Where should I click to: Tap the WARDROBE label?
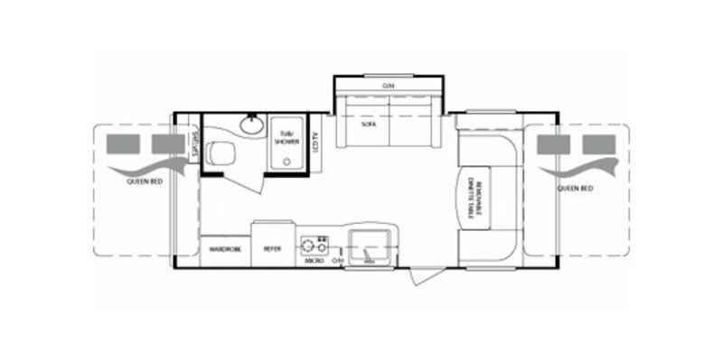coord(224,247)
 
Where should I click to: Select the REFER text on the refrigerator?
coord(272,247)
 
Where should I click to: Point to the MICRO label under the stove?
coord(314,260)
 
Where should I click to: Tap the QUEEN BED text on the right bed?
coord(575,189)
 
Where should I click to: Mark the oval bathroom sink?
coord(250,125)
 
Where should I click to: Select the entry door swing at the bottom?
coord(418,274)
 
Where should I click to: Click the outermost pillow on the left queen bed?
coord(119,143)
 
